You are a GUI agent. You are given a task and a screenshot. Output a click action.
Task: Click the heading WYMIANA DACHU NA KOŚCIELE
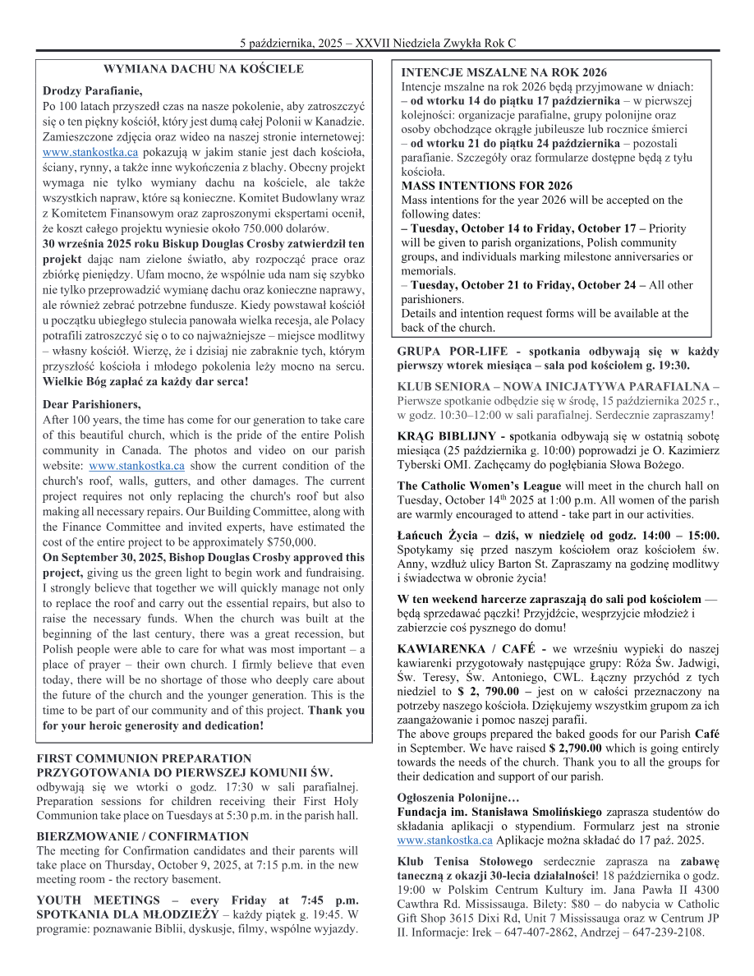[204, 69]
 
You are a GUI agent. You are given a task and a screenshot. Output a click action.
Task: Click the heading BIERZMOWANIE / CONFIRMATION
[143, 836]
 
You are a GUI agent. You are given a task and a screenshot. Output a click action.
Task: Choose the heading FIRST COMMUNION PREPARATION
[145, 758]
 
